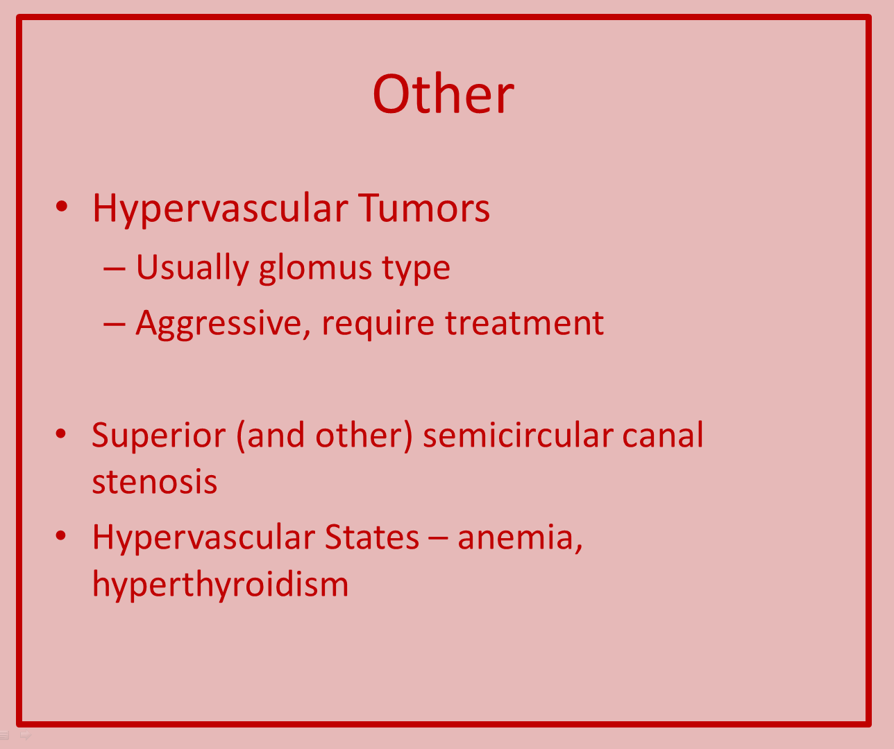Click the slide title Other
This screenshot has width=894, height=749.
tap(443, 94)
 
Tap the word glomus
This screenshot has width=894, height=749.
tap(315, 268)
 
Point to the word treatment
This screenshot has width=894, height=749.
tap(525, 323)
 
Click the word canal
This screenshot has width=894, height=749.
tap(663, 435)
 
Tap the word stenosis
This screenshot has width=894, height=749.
tap(155, 482)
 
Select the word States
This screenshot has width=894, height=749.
tap(371, 537)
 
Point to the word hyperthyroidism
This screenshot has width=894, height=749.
tap(221, 584)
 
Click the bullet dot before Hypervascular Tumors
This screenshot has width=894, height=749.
tap(62, 206)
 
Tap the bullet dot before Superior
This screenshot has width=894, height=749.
tap(61, 433)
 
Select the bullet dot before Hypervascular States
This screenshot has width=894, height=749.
tap(61, 535)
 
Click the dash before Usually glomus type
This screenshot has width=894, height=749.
tap(115, 270)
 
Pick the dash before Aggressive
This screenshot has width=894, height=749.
tap(115, 325)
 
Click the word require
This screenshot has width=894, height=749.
tap(378, 324)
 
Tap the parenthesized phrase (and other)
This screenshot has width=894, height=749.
tap(325, 436)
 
